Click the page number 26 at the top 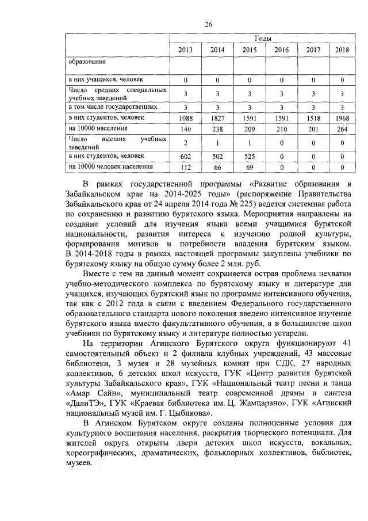[x=209, y=24]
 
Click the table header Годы [x=263, y=39]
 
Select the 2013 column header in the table [x=185, y=50]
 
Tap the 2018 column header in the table [x=342, y=50]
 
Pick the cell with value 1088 [x=185, y=118]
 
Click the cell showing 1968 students [x=342, y=118]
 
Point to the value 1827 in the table [x=217, y=118]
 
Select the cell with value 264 [x=342, y=128]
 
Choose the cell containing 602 [x=185, y=157]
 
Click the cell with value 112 [x=185, y=168]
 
